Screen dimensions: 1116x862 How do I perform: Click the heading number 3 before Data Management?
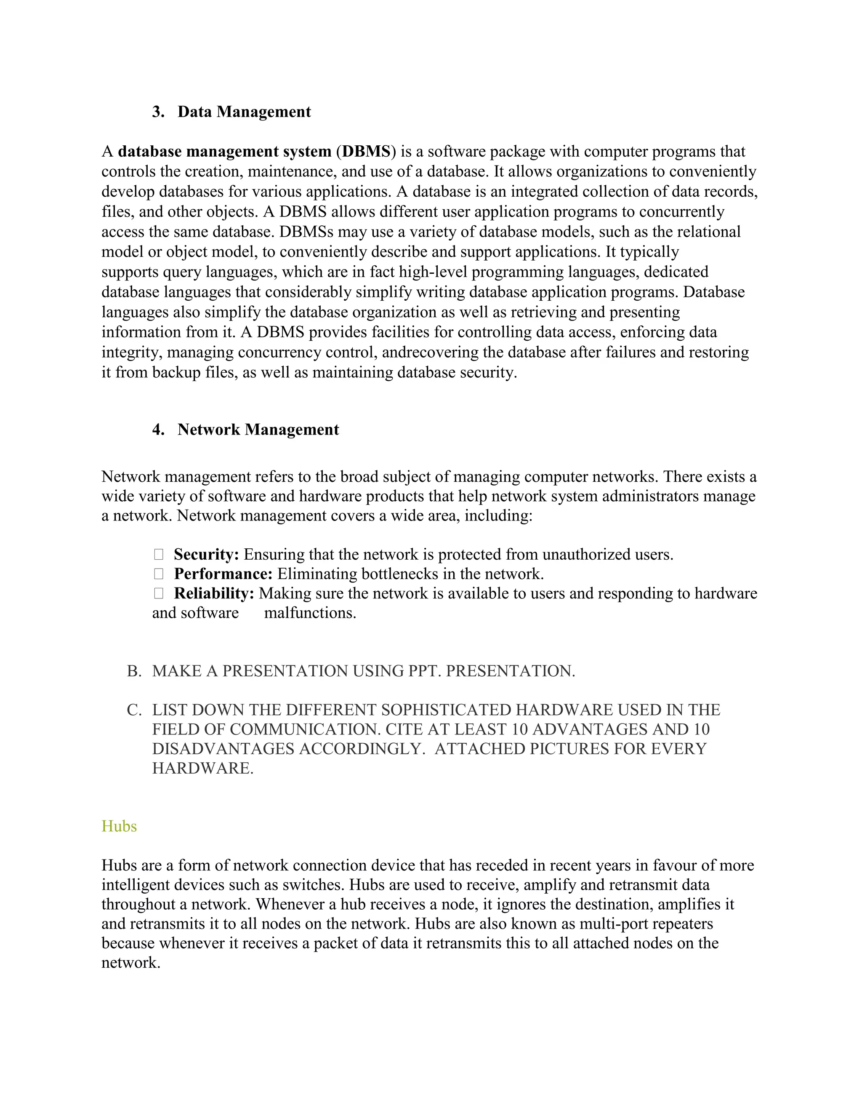pos(158,112)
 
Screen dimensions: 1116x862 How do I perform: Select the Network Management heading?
pos(258,430)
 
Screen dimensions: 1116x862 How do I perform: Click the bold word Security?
pos(206,555)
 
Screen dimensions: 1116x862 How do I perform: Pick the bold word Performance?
pos(223,574)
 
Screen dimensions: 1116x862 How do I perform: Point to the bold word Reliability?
pos(214,593)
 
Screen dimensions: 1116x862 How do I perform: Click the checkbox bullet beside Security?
pos(158,555)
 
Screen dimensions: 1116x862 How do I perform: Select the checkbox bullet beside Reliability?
pos(158,593)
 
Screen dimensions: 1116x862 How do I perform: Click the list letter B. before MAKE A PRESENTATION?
pos(134,671)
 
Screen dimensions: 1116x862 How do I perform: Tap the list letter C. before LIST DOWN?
pos(134,710)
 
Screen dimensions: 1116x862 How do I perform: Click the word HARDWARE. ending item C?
pos(203,768)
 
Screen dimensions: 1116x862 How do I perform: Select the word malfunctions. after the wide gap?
pos(310,613)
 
